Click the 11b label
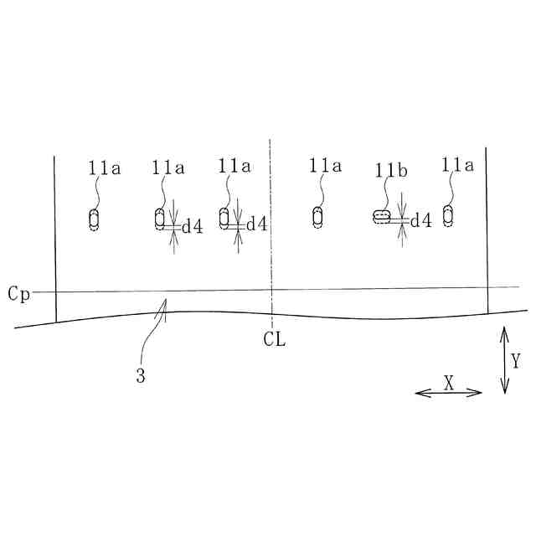(x=391, y=171)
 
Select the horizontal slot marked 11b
(x=381, y=216)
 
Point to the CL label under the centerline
(x=274, y=339)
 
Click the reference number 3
(x=141, y=376)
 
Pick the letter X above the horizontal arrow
(x=449, y=383)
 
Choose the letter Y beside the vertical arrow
(x=516, y=361)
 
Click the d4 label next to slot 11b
(x=420, y=221)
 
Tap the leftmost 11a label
(x=104, y=167)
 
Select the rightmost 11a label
(x=458, y=165)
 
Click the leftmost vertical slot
(x=94, y=219)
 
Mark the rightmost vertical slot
(x=448, y=215)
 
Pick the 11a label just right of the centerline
(x=325, y=166)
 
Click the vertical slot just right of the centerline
(x=317, y=217)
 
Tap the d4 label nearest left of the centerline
(x=256, y=224)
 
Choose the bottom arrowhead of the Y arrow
(x=504, y=389)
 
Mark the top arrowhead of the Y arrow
(x=504, y=331)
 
